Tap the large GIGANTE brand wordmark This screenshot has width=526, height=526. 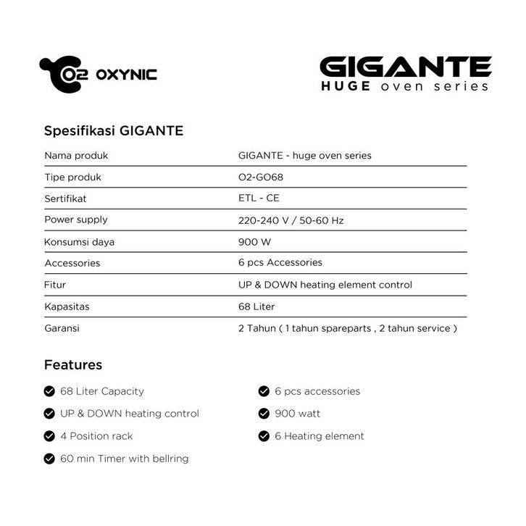pyautogui.click(x=405, y=67)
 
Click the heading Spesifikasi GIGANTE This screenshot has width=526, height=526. pyautogui.click(x=114, y=131)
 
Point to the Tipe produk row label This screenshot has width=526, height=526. pyautogui.click(x=72, y=177)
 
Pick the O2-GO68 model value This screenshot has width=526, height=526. pyautogui.click(x=261, y=177)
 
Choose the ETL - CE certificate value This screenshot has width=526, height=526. pyautogui.click(x=259, y=198)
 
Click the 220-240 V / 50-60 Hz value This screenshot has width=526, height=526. pyautogui.click(x=291, y=220)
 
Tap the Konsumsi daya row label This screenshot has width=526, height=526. pyautogui.click(x=79, y=241)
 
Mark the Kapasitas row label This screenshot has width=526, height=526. pyautogui.click(x=67, y=306)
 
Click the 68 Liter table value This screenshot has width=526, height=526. pyautogui.click(x=256, y=306)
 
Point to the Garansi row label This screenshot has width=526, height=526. pyautogui.click(x=62, y=328)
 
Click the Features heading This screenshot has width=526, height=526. pyautogui.click(x=73, y=364)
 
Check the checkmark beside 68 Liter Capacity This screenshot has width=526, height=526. pyautogui.click(x=49, y=391)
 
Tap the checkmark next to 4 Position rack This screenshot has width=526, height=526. pyautogui.click(x=49, y=436)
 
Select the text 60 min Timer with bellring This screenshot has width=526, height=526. pyautogui.click(x=125, y=459)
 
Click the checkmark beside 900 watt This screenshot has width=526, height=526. pyautogui.click(x=264, y=414)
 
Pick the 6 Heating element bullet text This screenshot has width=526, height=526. pyautogui.click(x=320, y=436)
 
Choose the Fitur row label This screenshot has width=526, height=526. pyautogui.click(x=55, y=285)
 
